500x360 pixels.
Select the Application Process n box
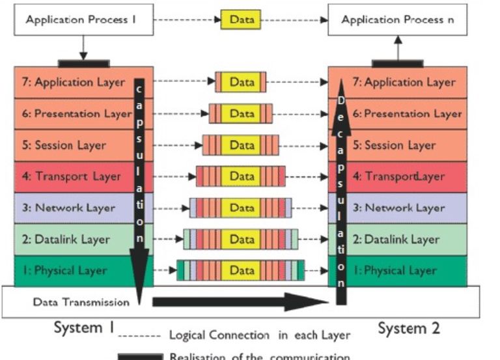pyautogui.click(x=397, y=20)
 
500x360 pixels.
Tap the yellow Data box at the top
pyautogui.click(x=241, y=20)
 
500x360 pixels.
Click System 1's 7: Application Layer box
pyautogui.click(x=72, y=83)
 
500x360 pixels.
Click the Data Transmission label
pyautogui.click(x=81, y=302)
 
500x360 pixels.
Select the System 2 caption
pyautogui.click(x=409, y=328)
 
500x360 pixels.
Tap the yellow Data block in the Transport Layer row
pyautogui.click(x=242, y=176)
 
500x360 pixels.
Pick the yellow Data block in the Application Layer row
pyautogui.click(x=242, y=83)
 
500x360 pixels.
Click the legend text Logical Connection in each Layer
pyautogui.click(x=260, y=336)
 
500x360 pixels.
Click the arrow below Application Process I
pyautogui.click(x=83, y=47)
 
